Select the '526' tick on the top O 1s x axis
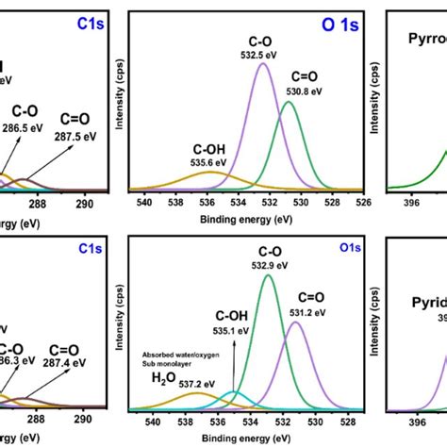[359, 200]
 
